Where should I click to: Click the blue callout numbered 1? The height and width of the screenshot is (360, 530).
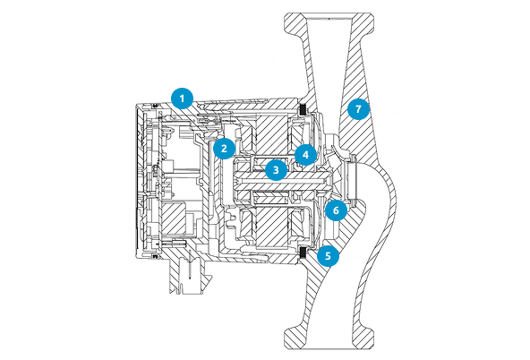point(183,99)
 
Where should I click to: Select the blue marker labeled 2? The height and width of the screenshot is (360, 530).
point(224,148)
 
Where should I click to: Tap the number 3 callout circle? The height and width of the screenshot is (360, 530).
point(276,169)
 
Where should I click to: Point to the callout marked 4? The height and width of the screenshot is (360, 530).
point(306,155)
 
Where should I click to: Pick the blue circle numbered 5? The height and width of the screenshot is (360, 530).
point(328,255)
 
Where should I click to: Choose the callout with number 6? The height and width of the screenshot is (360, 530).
point(336,210)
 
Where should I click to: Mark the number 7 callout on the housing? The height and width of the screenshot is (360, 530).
point(358,109)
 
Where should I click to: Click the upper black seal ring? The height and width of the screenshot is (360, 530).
point(303,109)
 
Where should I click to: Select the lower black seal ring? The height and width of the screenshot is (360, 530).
point(303,252)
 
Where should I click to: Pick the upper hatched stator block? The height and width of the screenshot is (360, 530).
point(273,133)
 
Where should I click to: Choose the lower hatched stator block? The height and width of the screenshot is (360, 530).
point(273,226)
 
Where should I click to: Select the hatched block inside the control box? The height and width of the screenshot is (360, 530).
point(174,219)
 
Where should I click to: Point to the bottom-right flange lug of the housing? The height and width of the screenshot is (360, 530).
point(363,338)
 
